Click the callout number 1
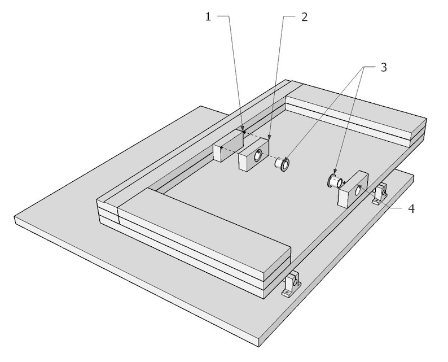point(208,17)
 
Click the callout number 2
point(304,17)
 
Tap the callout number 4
point(411,208)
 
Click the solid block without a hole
point(227,145)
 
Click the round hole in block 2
point(259,156)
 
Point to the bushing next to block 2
point(282,164)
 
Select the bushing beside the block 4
point(335,182)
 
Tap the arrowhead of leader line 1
point(243,131)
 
